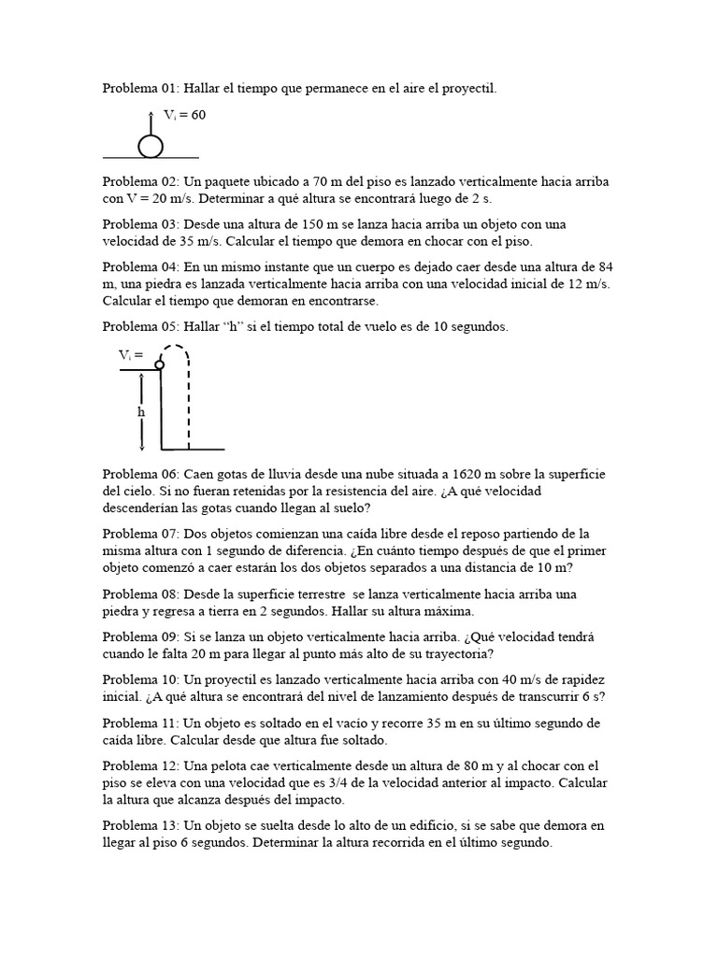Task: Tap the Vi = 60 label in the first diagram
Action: (184, 115)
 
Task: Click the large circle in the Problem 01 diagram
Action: (151, 146)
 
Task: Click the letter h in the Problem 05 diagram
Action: (142, 411)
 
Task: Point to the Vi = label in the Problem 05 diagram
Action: (131, 354)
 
